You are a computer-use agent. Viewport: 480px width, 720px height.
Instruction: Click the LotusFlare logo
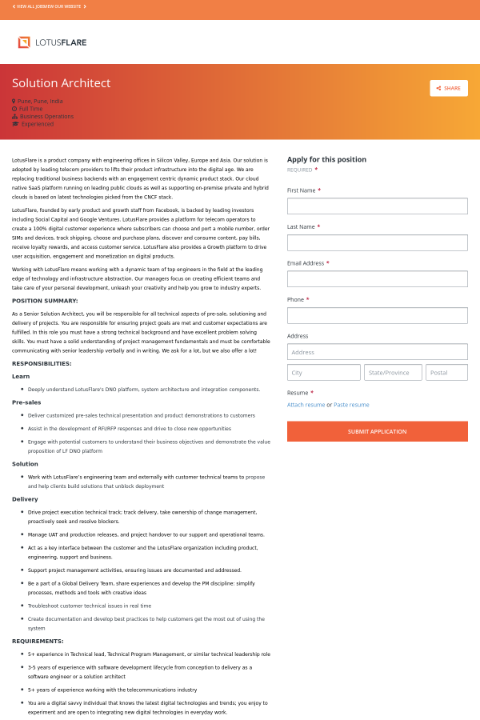[52, 42]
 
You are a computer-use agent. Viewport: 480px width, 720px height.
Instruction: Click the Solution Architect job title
[61, 83]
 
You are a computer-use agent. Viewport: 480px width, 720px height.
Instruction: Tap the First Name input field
[377, 206]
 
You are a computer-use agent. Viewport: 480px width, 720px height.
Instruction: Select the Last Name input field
[377, 242]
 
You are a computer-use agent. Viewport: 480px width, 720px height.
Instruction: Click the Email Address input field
[377, 279]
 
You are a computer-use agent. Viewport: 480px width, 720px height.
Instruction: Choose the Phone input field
[377, 315]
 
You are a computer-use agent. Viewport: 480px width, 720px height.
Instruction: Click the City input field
[323, 373]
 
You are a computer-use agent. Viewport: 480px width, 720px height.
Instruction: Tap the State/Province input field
[392, 373]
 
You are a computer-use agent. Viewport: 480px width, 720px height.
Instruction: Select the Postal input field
[446, 373]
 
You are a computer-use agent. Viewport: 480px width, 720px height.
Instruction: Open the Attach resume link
[306, 405]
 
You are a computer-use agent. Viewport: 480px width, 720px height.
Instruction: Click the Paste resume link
[351, 405]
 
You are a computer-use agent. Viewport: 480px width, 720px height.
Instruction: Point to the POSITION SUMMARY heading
[45, 301]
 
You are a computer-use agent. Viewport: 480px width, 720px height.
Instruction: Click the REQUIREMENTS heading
[38, 641]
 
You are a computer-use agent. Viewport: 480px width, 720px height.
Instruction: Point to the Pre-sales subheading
[26, 402]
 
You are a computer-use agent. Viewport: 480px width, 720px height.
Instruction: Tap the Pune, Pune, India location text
[39, 102]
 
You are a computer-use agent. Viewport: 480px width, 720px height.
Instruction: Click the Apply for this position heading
[326, 159]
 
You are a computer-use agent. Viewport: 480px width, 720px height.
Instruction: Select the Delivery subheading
[25, 499]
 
